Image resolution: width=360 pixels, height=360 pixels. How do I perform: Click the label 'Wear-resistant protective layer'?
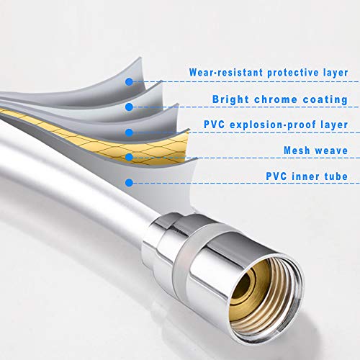pos(269,73)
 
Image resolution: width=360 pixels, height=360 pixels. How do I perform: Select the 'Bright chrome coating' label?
pos(280,99)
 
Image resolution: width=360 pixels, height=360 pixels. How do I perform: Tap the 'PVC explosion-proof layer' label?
pos(276,125)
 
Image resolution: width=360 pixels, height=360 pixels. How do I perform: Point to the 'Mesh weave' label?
pos(315,150)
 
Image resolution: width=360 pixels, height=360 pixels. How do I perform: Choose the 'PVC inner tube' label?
pos(307,176)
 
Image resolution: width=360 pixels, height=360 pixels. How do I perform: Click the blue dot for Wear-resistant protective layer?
pos(129,82)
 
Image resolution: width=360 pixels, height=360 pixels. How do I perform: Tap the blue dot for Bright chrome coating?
pos(129,107)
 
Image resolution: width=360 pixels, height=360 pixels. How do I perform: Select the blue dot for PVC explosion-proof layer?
pos(129,132)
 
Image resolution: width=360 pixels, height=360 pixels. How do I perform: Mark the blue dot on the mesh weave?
pos(129,157)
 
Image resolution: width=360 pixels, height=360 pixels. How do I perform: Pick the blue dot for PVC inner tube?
pos(129,183)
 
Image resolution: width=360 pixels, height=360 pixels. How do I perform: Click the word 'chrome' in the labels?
pos(276,99)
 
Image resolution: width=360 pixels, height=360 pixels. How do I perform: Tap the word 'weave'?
pos(331,150)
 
